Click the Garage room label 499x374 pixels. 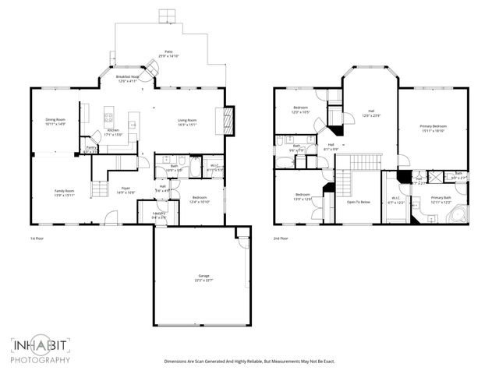click(x=204, y=278)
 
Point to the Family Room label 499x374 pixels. click(x=64, y=192)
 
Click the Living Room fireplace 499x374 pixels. click(x=228, y=119)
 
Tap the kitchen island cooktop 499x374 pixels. click(x=110, y=120)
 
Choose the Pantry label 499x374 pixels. click(x=91, y=149)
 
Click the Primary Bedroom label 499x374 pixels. click(x=434, y=128)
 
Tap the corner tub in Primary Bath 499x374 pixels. click(x=456, y=214)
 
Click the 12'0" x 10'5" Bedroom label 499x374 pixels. click(x=301, y=110)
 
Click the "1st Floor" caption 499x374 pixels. click(x=37, y=238)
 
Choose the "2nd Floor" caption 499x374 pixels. click(x=281, y=238)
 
